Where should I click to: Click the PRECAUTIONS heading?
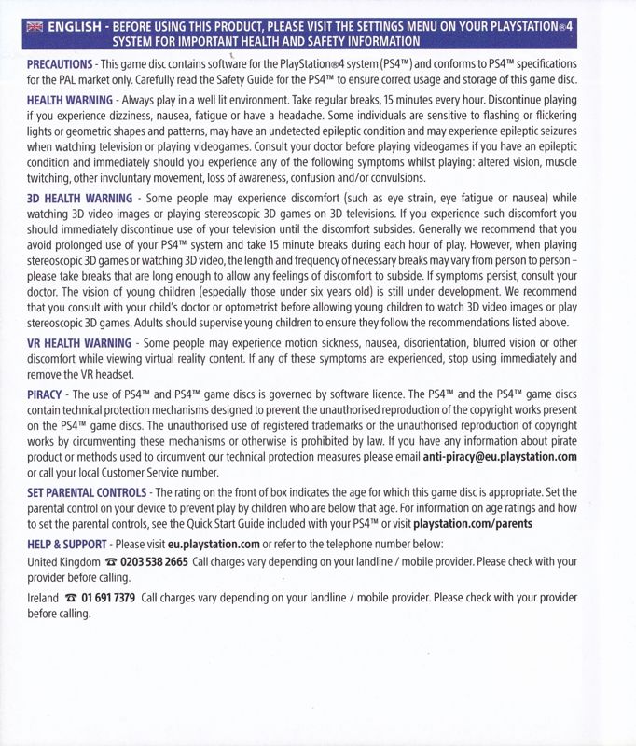click(x=58, y=62)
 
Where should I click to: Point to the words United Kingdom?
click(x=63, y=562)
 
